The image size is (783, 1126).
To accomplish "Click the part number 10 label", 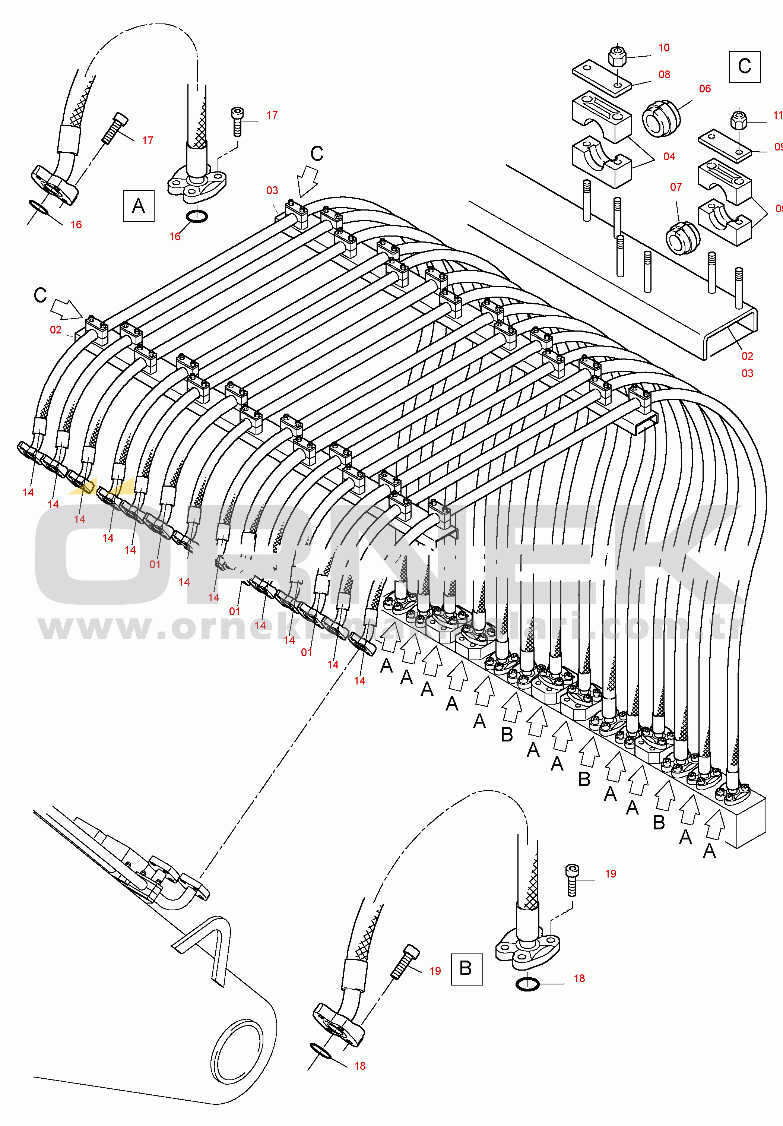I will click(663, 48).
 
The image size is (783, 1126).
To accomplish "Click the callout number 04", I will click(669, 156).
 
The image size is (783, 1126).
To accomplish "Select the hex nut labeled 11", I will click(738, 120).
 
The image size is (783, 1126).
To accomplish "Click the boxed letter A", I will click(138, 206).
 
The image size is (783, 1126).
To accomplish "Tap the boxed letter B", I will click(466, 968).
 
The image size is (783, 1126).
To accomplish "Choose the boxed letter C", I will click(744, 66).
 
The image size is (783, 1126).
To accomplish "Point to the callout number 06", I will click(704, 89).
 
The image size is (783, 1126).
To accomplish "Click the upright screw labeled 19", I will click(572, 880).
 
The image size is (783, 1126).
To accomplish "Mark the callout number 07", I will click(676, 187).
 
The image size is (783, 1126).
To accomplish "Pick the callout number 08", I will click(664, 75).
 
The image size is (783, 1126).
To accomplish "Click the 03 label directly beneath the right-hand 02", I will click(747, 373).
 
